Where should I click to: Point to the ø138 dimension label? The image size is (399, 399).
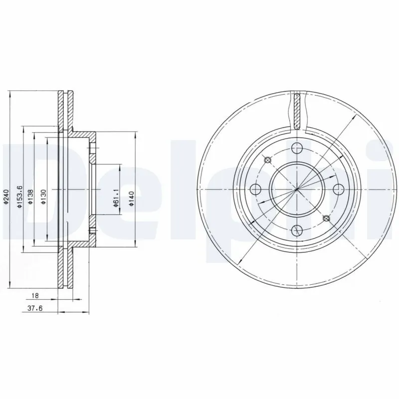pos(31,198)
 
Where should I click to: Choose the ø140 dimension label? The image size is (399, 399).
pos(132,198)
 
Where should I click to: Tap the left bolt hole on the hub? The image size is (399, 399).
pos(256,189)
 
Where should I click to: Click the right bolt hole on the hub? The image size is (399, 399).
pos(338,189)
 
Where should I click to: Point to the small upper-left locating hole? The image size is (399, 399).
pos(268,160)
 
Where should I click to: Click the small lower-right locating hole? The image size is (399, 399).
pos(327,218)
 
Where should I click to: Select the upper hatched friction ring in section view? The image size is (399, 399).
pos(65,112)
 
